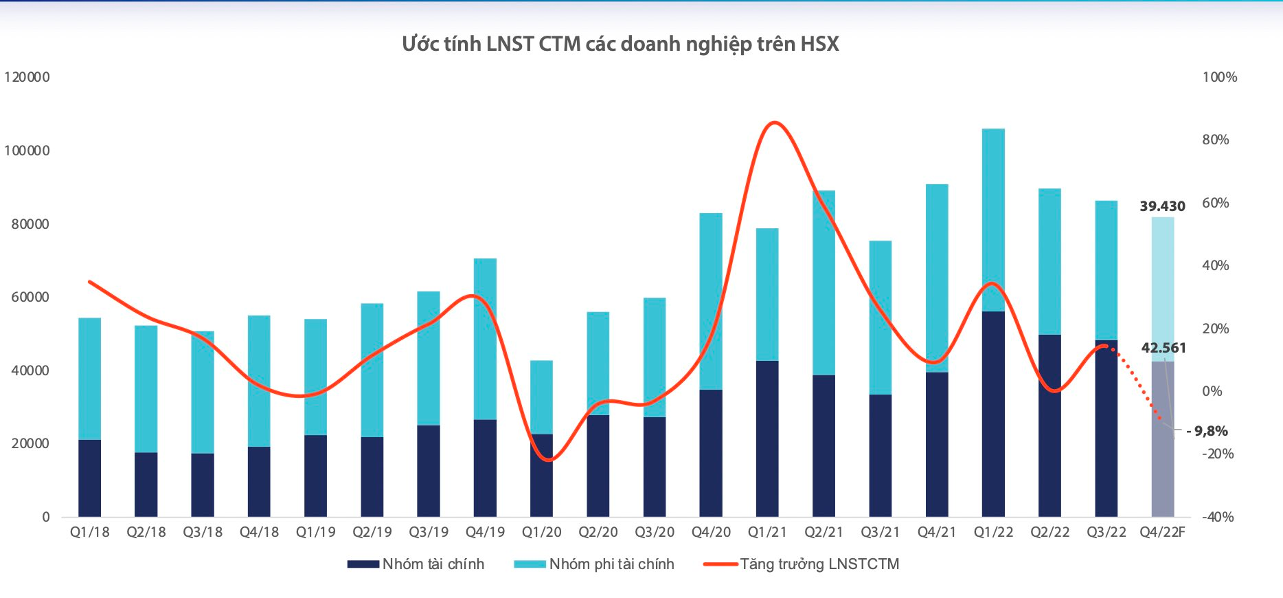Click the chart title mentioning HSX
[x=620, y=44]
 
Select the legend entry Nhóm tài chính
[x=416, y=564]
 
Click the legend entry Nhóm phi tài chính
[x=595, y=564]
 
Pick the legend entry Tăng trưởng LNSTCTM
[x=802, y=564]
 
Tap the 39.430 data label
[x=1162, y=206]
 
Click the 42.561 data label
[x=1163, y=348]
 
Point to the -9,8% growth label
[x=1207, y=431]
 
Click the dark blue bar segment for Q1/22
[x=993, y=412]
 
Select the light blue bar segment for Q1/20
[x=541, y=397]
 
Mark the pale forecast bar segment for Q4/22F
[x=1162, y=289]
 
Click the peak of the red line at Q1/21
[x=774, y=123]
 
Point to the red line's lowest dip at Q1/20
[x=547, y=460]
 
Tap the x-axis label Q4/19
[x=485, y=532]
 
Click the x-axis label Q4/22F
[x=1162, y=532]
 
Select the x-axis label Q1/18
[x=89, y=532]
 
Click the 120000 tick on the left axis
[x=27, y=77]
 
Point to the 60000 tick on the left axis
[x=30, y=297]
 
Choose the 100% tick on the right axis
[x=1219, y=77]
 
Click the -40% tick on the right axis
[x=1217, y=517]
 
